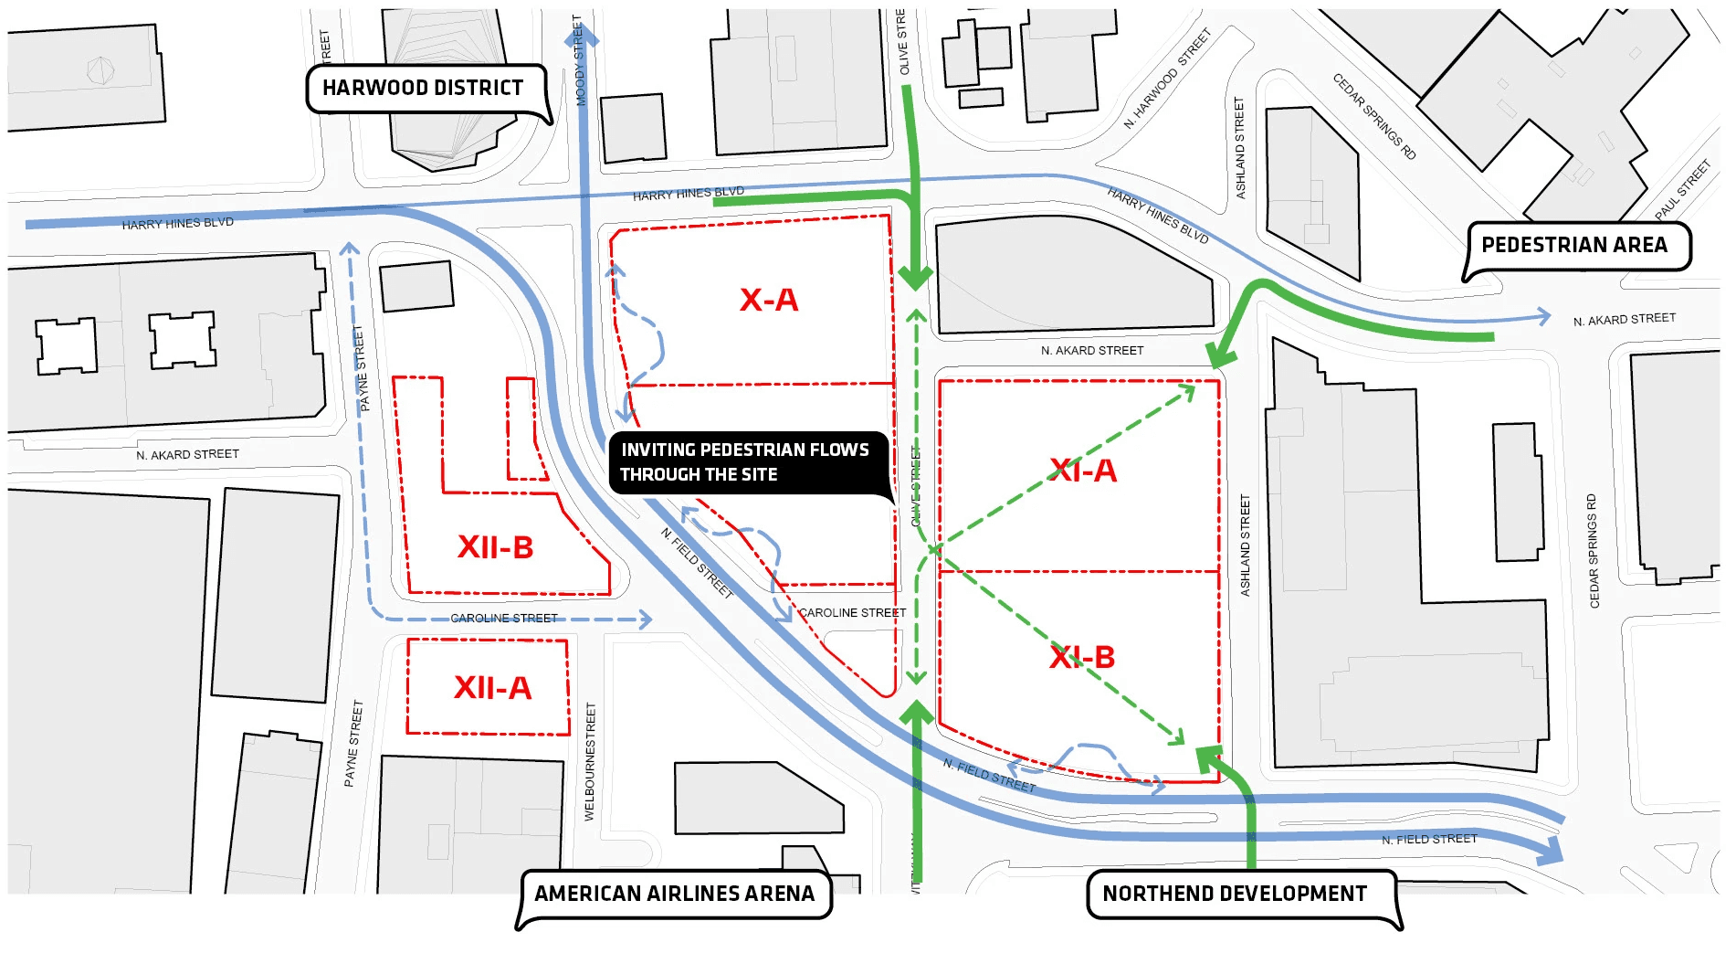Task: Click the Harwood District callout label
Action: click(423, 89)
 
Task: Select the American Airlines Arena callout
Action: click(674, 894)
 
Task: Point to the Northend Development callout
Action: click(1235, 894)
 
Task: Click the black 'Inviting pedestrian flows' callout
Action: click(744, 462)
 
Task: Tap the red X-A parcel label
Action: click(769, 300)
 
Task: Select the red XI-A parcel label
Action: click(1083, 471)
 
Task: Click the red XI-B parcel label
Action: click(1082, 657)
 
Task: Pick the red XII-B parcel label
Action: click(495, 547)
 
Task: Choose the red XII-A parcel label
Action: click(492, 688)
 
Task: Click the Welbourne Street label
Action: click(590, 761)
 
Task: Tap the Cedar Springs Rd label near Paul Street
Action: click(1373, 116)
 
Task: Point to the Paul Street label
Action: click(1682, 190)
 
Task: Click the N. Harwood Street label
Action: click(1166, 79)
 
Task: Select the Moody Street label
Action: click(578, 60)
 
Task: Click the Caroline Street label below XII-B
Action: click(503, 619)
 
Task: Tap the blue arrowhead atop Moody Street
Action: click(583, 35)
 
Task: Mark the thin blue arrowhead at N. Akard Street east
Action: click(1544, 317)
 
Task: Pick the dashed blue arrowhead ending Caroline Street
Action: click(646, 619)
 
